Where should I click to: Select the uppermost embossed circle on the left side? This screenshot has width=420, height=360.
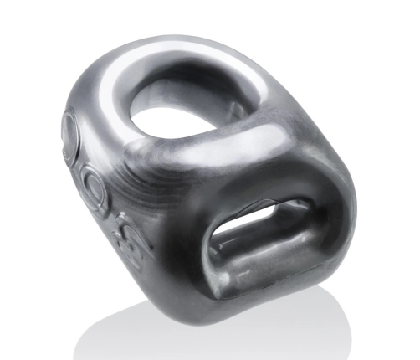click(x=69, y=130)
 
